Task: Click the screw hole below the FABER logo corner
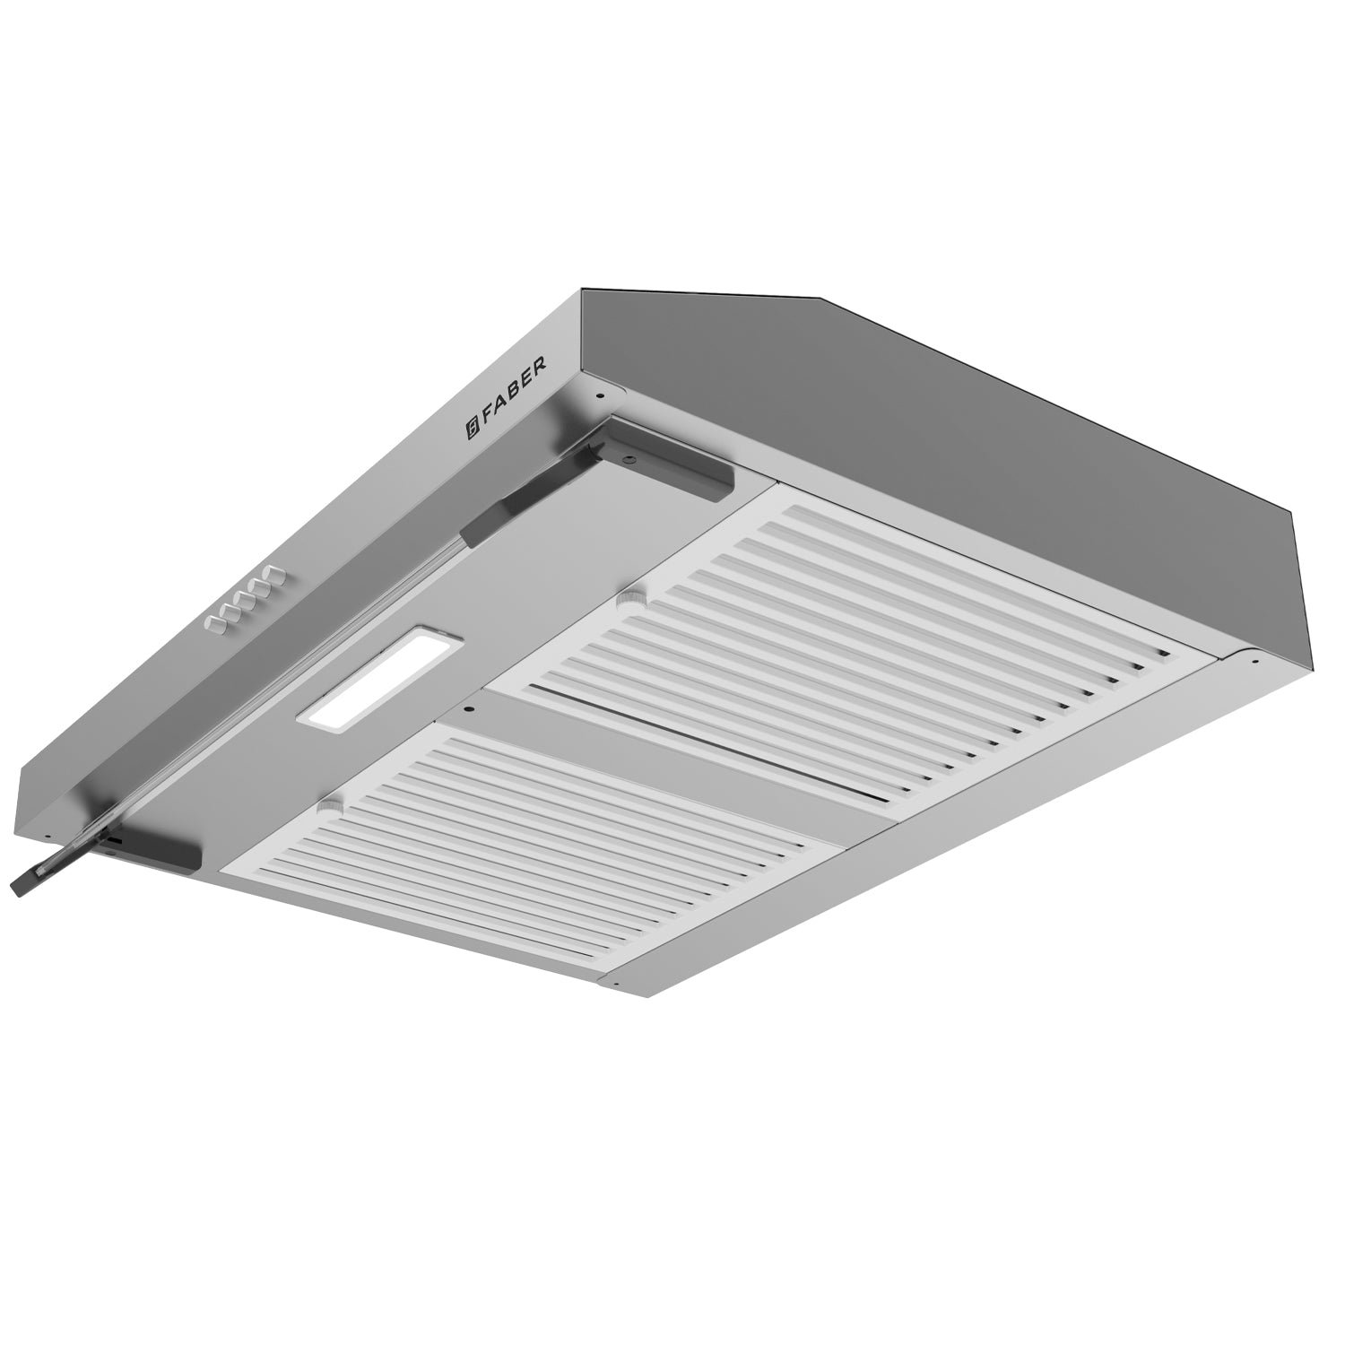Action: pyautogui.click(x=598, y=395)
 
